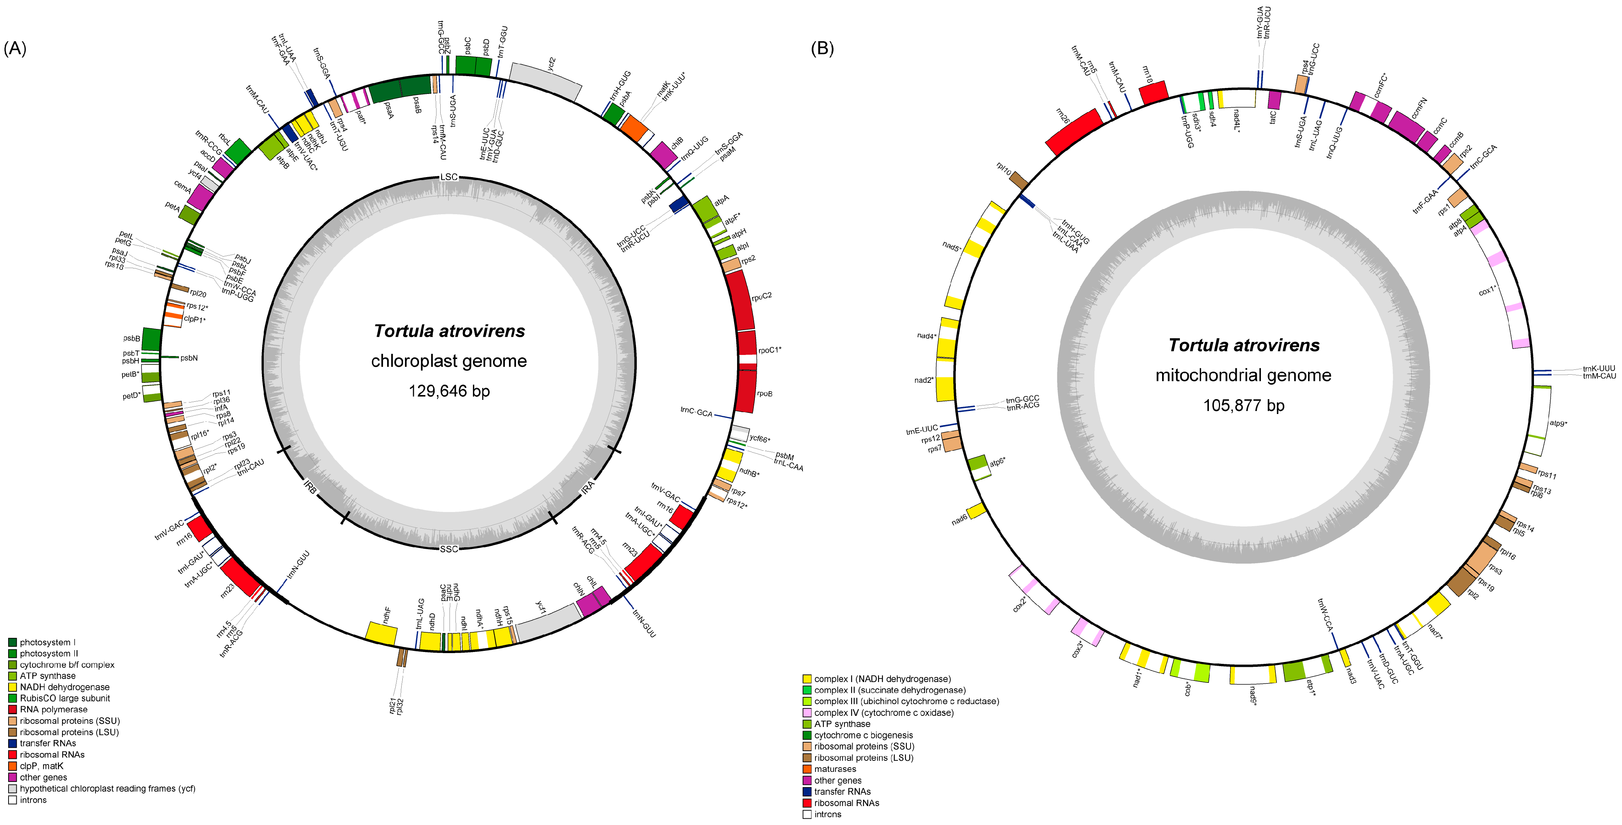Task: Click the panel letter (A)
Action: point(15,49)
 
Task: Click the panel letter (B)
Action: point(822,49)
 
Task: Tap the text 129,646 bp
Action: point(449,391)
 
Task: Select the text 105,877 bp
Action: point(1243,405)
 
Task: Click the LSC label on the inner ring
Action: point(449,177)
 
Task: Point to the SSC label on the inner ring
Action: point(449,549)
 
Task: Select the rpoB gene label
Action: point(765,394)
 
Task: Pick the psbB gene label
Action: point(132,339)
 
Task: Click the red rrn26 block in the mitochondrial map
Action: point(1074,132)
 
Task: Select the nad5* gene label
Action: point(951,247)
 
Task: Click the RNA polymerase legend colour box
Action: point(13,709)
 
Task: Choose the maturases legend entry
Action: point(835,769)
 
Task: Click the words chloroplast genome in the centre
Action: point(449,361)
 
